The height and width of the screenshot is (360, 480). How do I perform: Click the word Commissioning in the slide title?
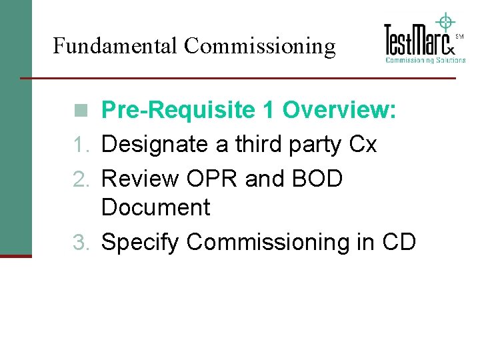pos(259,46)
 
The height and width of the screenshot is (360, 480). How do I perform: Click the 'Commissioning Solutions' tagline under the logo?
pos(425,60)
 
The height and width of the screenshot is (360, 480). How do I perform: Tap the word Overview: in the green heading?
pos(339,111)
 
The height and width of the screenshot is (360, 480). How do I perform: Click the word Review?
pos(141,179)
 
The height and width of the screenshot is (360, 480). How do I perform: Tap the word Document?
pos(155,207)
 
